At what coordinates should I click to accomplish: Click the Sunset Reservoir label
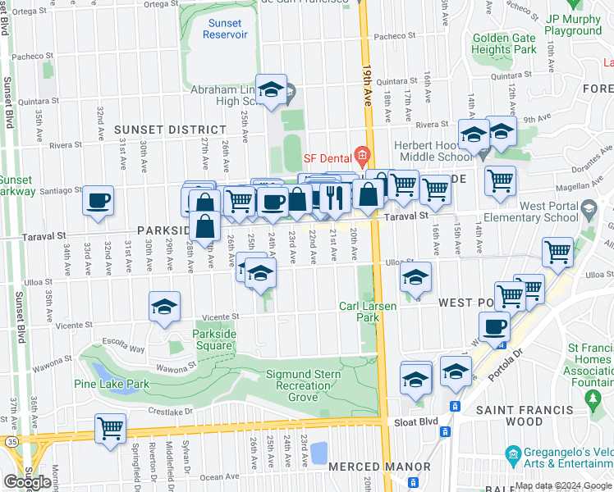[x=226, y=30]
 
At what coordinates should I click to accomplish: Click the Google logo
[x=27, y=482]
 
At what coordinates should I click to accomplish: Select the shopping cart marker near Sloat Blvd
[x=110, y=427]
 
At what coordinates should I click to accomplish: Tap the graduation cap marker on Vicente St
[x=164, y=307]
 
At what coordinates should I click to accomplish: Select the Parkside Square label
[x=213, y=339]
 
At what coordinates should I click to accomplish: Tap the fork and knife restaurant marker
[x=335, y=197]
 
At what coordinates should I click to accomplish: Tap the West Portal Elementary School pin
[x=588, y=211]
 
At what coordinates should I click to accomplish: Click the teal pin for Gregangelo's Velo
[x=514, y=453]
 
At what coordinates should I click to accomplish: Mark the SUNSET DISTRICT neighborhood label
[x=170, y=130]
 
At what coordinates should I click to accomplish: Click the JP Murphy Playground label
[x=572, y=24]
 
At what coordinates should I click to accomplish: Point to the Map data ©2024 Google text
[x=563, y=485]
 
